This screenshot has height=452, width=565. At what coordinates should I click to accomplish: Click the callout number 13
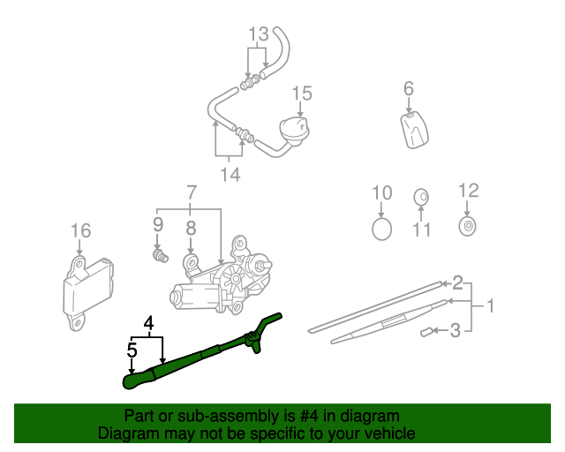[258, 35]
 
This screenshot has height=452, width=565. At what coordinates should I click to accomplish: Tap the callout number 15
[302, 94]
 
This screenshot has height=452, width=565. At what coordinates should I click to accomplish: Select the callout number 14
[230, 175]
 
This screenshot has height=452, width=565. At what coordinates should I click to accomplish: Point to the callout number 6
[409, 88]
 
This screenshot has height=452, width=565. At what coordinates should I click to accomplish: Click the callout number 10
[381, 192]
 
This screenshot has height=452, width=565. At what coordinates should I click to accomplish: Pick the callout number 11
[421, 230]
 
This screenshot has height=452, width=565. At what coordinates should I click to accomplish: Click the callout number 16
[80, 231]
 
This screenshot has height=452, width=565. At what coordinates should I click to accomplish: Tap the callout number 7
[190, 192]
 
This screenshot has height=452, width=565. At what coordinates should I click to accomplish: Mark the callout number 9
[159, 224]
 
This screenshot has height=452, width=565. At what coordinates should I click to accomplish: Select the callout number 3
[455, 332]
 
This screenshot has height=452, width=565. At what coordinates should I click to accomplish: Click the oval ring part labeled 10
[381, 230]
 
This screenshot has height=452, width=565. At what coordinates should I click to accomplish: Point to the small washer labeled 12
[467, 226]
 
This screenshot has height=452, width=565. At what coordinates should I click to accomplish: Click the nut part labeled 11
[421, 196]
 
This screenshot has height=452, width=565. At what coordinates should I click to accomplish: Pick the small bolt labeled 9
[159, 257]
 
